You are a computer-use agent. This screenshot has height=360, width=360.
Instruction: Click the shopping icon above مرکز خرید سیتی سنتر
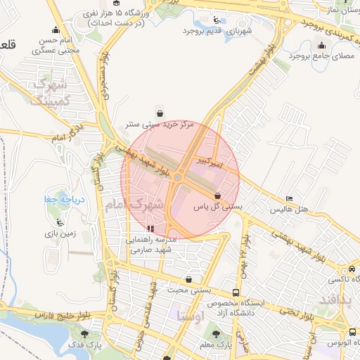click(160, 113)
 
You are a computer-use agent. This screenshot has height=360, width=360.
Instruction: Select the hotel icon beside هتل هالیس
click(290, 198)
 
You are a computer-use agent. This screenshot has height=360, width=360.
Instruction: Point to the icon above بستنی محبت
click(188, 280)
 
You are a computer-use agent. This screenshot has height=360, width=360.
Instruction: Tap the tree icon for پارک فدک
click(85, 335)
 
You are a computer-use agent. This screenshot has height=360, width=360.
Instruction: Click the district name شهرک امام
click(138, 205)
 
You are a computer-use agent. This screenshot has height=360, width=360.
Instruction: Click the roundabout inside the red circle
click(178, 177)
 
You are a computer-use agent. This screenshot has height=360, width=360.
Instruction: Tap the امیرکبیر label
click(210, 162)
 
